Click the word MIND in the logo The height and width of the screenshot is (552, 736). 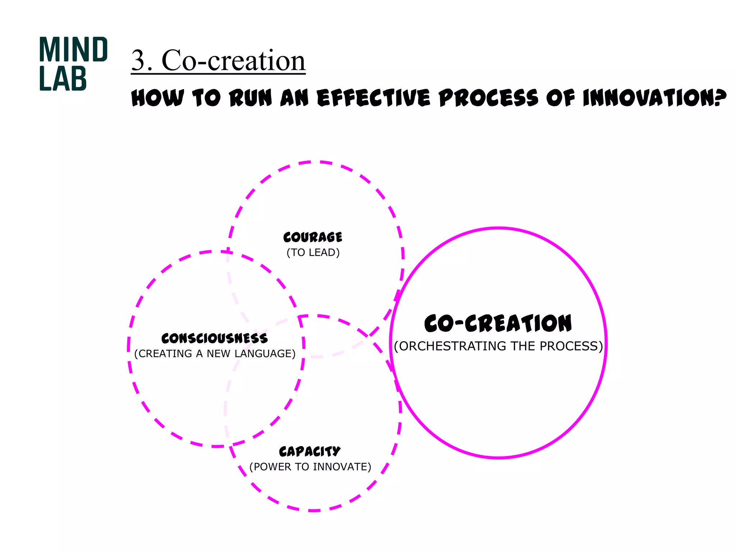click(73, 50)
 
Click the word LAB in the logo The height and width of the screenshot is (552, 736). click(63, 78)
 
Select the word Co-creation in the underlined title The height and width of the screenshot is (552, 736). click(234, 60)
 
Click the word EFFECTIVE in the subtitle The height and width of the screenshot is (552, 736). click(373, 98)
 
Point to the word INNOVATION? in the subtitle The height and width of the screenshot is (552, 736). click(654, 98)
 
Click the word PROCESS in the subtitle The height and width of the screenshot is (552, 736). click(488, 98)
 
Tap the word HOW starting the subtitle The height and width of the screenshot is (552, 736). click(158, 98)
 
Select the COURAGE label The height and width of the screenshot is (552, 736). click(313, 237)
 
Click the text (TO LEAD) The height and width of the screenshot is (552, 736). click(313, 253)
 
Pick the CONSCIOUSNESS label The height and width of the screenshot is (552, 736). click(215, 338)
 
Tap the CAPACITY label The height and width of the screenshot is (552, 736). click(310, 451)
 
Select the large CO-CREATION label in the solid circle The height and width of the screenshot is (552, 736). click(498, 323)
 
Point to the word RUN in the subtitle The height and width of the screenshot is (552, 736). click(250, 98)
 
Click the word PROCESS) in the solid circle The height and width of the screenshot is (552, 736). click(571, 346)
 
